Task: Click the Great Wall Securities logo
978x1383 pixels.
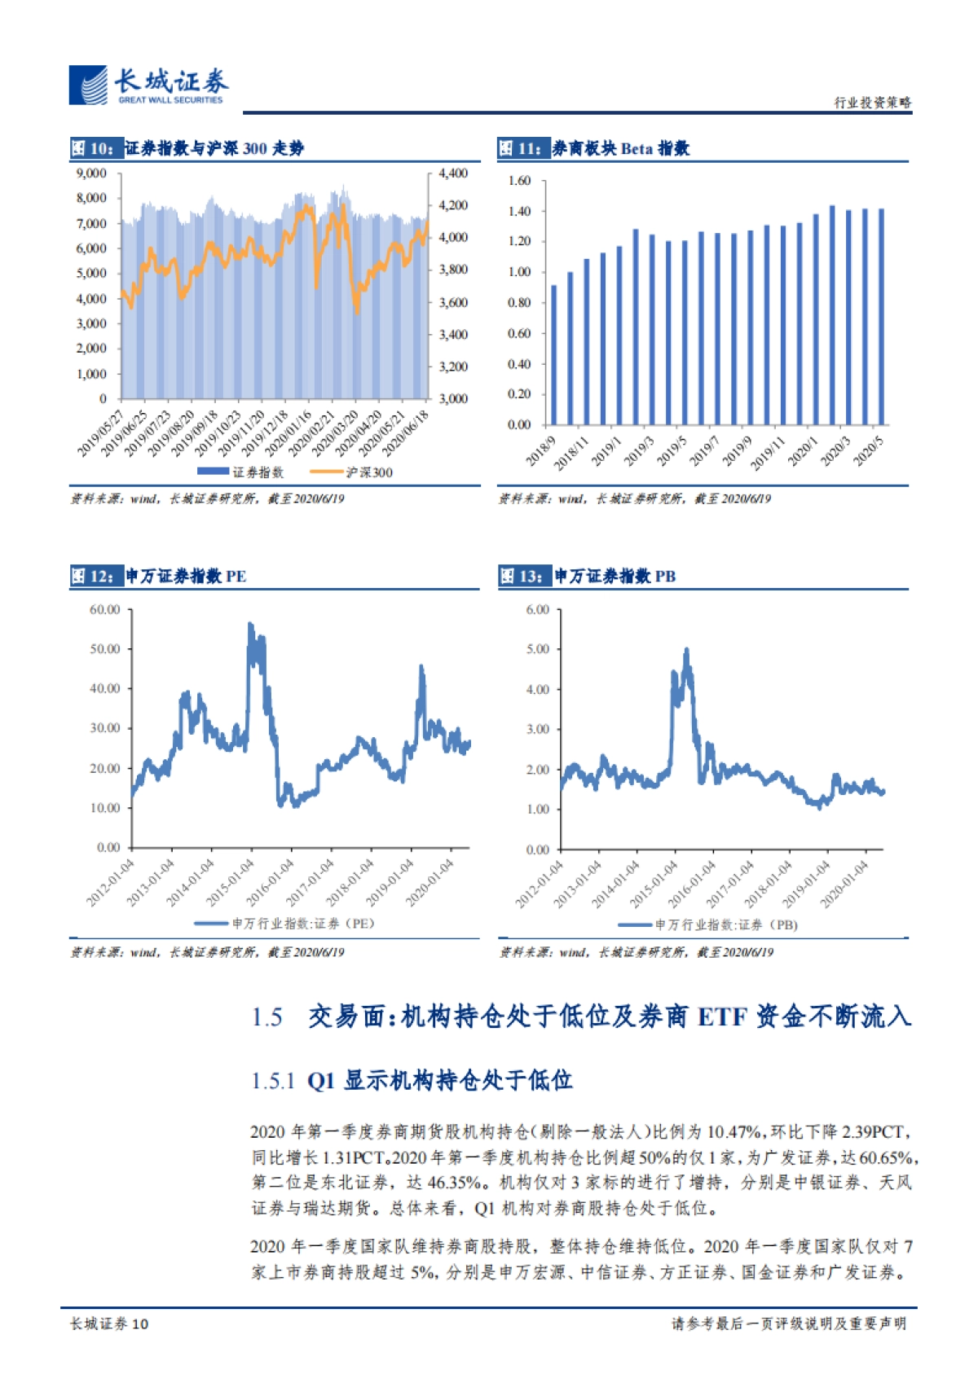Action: (148, 86)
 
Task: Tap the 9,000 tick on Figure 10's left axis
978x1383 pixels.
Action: (91, 173)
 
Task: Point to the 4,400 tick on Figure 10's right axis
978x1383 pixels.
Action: (453, 173)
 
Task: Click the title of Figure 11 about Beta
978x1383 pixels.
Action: (620, 148)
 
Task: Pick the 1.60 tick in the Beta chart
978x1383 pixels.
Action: (519, 181)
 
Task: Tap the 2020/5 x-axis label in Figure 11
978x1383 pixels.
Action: (869, 451)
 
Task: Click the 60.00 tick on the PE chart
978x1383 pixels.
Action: (104, 609)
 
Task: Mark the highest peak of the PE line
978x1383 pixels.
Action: (250, 624)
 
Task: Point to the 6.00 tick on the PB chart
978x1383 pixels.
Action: (538, 609)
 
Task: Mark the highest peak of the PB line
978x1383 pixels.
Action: (686, 650)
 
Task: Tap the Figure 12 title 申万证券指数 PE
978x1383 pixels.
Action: (185, 577)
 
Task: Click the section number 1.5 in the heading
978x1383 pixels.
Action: (267, 1017)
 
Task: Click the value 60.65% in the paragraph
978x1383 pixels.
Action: (887, 1157)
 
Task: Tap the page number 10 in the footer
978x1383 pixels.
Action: (139, 1324)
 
